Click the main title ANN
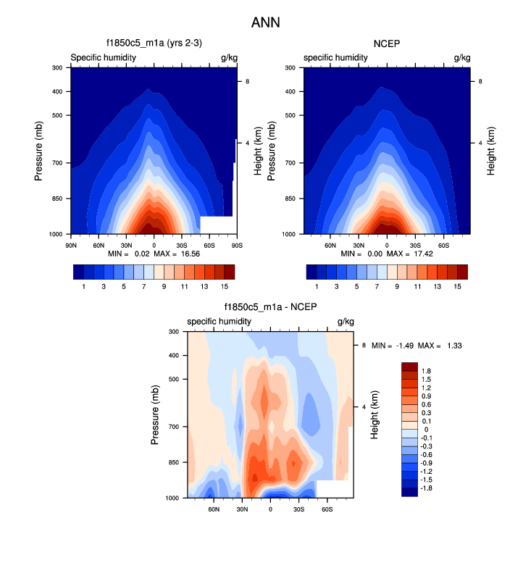(x=265, y=22)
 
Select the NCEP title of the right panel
(x=386, y=43)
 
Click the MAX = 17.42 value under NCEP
(x=412, y=254)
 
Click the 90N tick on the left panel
(x=71, y=244)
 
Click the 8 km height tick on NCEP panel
(x=481, y=82)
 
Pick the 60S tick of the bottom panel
(x=327, y=509)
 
